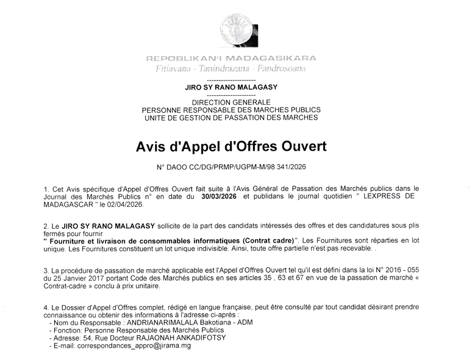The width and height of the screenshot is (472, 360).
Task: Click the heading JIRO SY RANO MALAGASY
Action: point(232,88)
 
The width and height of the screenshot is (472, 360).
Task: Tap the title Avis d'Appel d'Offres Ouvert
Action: point(232,147)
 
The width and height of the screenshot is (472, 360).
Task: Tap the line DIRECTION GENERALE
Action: point(232,102)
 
